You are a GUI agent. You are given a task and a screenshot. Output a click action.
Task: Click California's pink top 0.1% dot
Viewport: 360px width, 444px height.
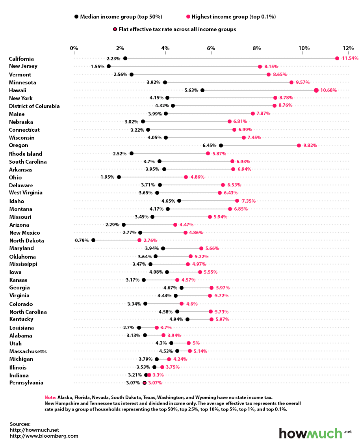pos(337,58)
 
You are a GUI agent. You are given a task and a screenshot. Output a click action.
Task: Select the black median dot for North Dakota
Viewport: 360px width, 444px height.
pos(93,240)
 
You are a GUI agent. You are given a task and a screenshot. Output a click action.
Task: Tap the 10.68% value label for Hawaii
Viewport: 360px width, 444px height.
pos(328,90)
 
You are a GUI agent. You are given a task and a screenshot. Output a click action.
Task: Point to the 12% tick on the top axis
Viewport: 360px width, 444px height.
pos(348,48)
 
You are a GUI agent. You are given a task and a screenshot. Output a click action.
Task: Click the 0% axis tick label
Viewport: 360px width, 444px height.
pos(74,48)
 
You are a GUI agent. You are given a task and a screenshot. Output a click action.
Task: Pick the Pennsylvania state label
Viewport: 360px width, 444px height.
pos(26,382)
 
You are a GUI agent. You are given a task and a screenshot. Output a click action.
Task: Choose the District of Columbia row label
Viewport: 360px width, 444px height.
pos(34,106)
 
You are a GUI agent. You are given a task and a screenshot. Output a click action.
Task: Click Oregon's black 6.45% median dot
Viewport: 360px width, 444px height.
pos(221,146)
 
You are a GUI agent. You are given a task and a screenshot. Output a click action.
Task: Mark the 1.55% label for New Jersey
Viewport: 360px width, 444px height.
pos(97,66)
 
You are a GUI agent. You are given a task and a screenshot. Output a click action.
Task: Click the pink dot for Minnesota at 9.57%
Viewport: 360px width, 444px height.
pos(291,82)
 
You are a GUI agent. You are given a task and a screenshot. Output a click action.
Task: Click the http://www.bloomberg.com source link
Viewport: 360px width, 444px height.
pos(44,436)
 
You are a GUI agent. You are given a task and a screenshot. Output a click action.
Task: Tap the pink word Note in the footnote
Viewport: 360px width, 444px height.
pos(51,397)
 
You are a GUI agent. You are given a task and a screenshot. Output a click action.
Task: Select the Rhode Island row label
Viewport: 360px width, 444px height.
pos(25,154)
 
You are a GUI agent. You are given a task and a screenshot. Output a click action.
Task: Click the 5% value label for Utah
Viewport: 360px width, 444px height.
pos(196,343)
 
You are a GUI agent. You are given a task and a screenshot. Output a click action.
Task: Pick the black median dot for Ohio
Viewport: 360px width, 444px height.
pos(119,177)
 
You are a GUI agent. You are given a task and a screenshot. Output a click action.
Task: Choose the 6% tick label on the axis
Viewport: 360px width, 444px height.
pos(211,48)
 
